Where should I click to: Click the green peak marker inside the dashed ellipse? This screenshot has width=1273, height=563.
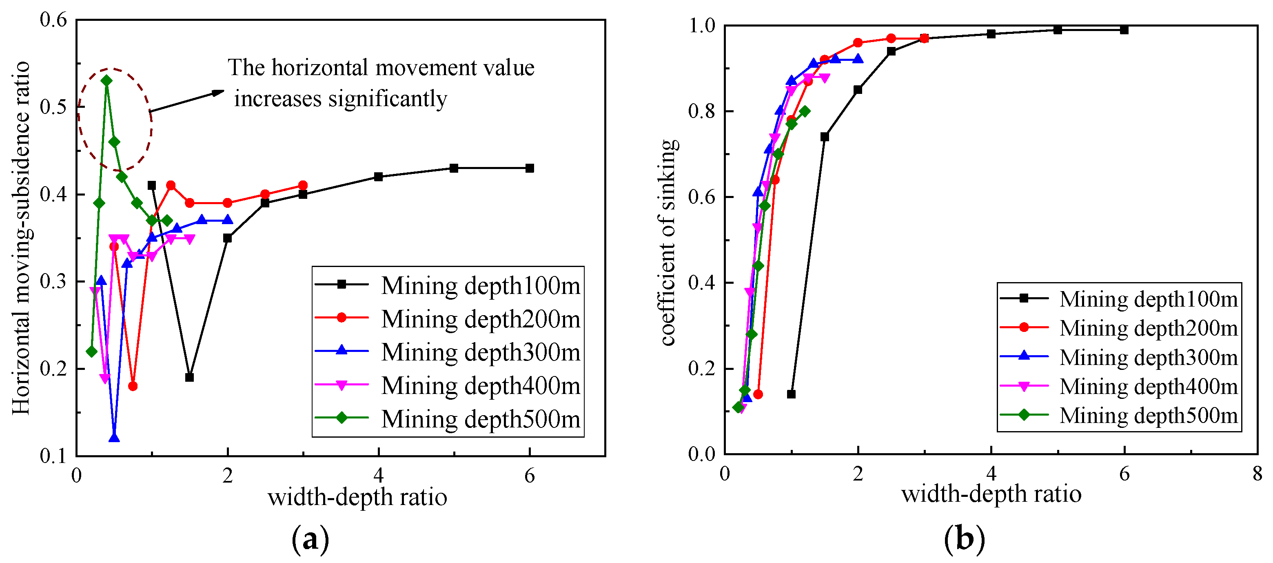pos(106,80)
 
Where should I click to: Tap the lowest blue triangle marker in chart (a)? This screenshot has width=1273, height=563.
pos(114,438)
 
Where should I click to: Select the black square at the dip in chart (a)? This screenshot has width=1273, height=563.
pos(189,377)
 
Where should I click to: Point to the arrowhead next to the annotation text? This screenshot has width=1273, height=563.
pos(218,92)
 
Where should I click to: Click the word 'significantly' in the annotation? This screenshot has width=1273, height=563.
pos(388,99)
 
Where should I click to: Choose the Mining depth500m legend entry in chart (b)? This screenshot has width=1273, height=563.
pos(1119,415)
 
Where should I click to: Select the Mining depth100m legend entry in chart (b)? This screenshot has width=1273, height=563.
pos(1119,299)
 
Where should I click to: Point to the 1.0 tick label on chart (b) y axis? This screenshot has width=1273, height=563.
pos(702,26)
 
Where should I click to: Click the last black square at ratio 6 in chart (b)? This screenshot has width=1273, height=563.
pos(1124,30)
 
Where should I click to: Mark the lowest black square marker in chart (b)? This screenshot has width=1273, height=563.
pos(791,394)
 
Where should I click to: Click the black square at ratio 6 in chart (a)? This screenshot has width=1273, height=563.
pos(530,168)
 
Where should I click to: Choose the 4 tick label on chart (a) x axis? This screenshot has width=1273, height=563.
pos(378,476)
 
